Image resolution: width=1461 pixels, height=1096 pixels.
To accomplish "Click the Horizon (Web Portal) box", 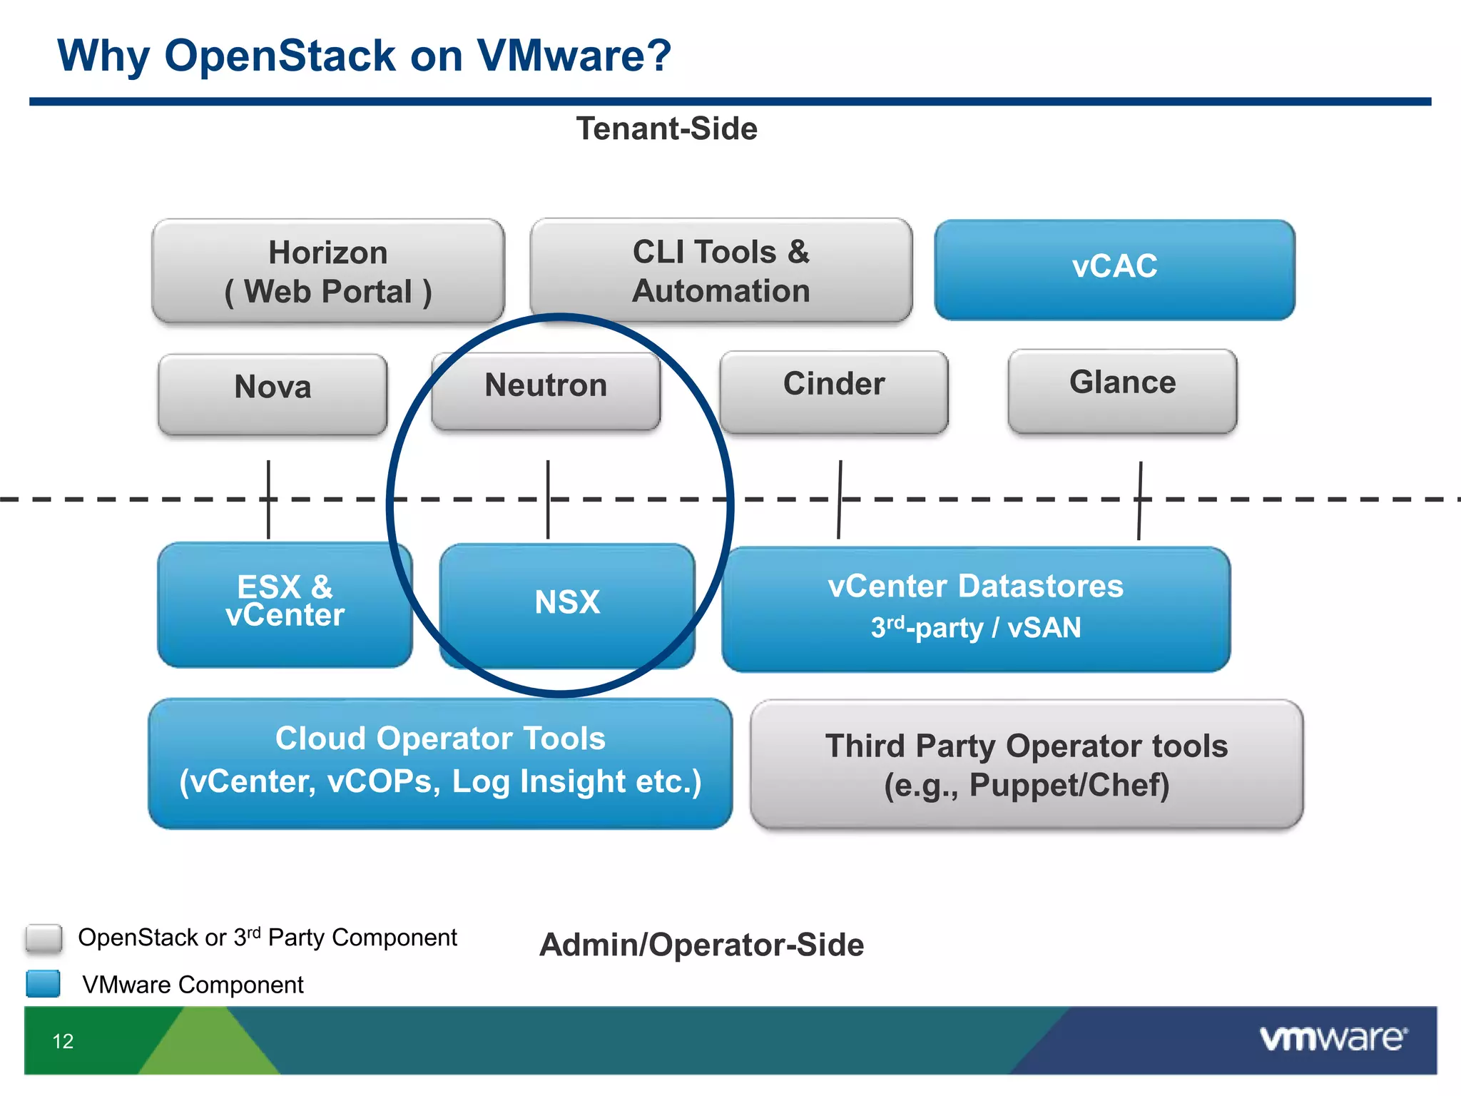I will (x=328, y=271).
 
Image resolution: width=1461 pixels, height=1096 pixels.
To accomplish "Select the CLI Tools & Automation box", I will (x=721, y=271).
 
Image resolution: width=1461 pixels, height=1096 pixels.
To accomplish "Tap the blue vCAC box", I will (x=1114, y=269).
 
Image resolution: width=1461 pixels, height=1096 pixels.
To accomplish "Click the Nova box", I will (x=273, y=394).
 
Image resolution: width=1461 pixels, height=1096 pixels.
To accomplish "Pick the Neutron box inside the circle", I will (x=546, y=390).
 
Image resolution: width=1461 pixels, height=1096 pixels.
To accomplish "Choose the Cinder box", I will (x=834, y=391).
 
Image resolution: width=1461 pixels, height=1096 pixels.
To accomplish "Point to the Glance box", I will (x=1122, y=390).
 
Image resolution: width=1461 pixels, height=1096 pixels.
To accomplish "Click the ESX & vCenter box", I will (x=285, y=604).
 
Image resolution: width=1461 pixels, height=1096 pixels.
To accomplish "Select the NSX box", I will (x=567, y=605).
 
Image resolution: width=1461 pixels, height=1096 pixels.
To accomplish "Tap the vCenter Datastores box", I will (x=976, y=609).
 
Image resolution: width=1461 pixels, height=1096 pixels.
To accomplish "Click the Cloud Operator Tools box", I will (x=440, y=762).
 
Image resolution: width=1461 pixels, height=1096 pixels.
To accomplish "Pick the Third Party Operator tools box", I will (x=1027, y=764).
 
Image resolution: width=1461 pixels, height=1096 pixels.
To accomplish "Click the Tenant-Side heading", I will (x=666, y=129).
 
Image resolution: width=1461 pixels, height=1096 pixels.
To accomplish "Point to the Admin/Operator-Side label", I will (x=701, y=945).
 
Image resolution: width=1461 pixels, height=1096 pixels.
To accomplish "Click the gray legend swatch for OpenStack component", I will (x=44, y=938).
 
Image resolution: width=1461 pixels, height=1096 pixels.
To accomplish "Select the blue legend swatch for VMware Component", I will (x=44, y=983).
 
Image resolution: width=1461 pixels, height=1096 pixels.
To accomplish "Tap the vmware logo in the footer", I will (x=1333, y=1038).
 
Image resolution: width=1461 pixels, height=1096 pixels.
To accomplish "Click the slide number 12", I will (x=63, y=1041).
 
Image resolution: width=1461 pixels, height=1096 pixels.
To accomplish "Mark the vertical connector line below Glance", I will (x=1139, y=499).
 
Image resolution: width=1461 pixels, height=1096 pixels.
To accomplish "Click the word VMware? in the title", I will (x=574, y=56).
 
